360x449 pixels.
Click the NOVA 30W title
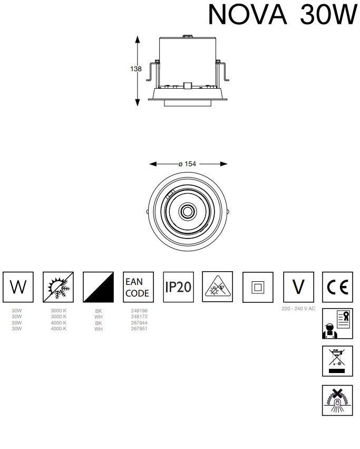coord(283,14)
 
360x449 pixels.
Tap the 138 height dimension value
coord(135,69)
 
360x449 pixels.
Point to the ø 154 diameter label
coord(188,164)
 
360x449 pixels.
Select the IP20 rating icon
coord(178,287)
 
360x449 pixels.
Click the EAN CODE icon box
coord(138,287)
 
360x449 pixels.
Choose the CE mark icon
coord(337,287)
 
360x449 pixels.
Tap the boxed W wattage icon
coord(18,287)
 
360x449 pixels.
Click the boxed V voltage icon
coord(298,287)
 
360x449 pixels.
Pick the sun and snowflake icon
coord(58,287)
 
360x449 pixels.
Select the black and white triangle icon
coord(98,287)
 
